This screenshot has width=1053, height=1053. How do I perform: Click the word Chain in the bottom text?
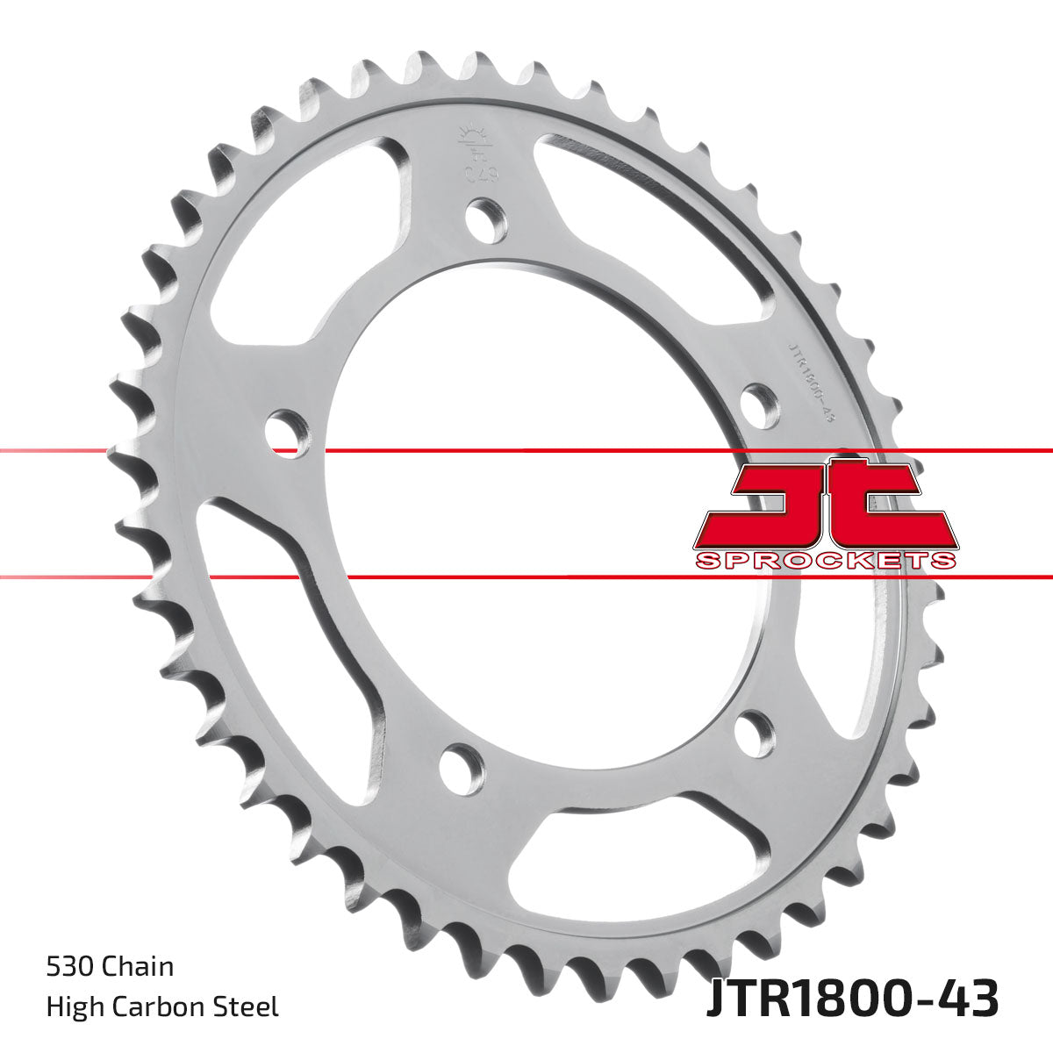pos(139,967)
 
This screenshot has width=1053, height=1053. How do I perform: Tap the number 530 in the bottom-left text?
pos(71,967)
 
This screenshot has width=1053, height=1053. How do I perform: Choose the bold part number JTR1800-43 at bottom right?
pos(852,1000)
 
